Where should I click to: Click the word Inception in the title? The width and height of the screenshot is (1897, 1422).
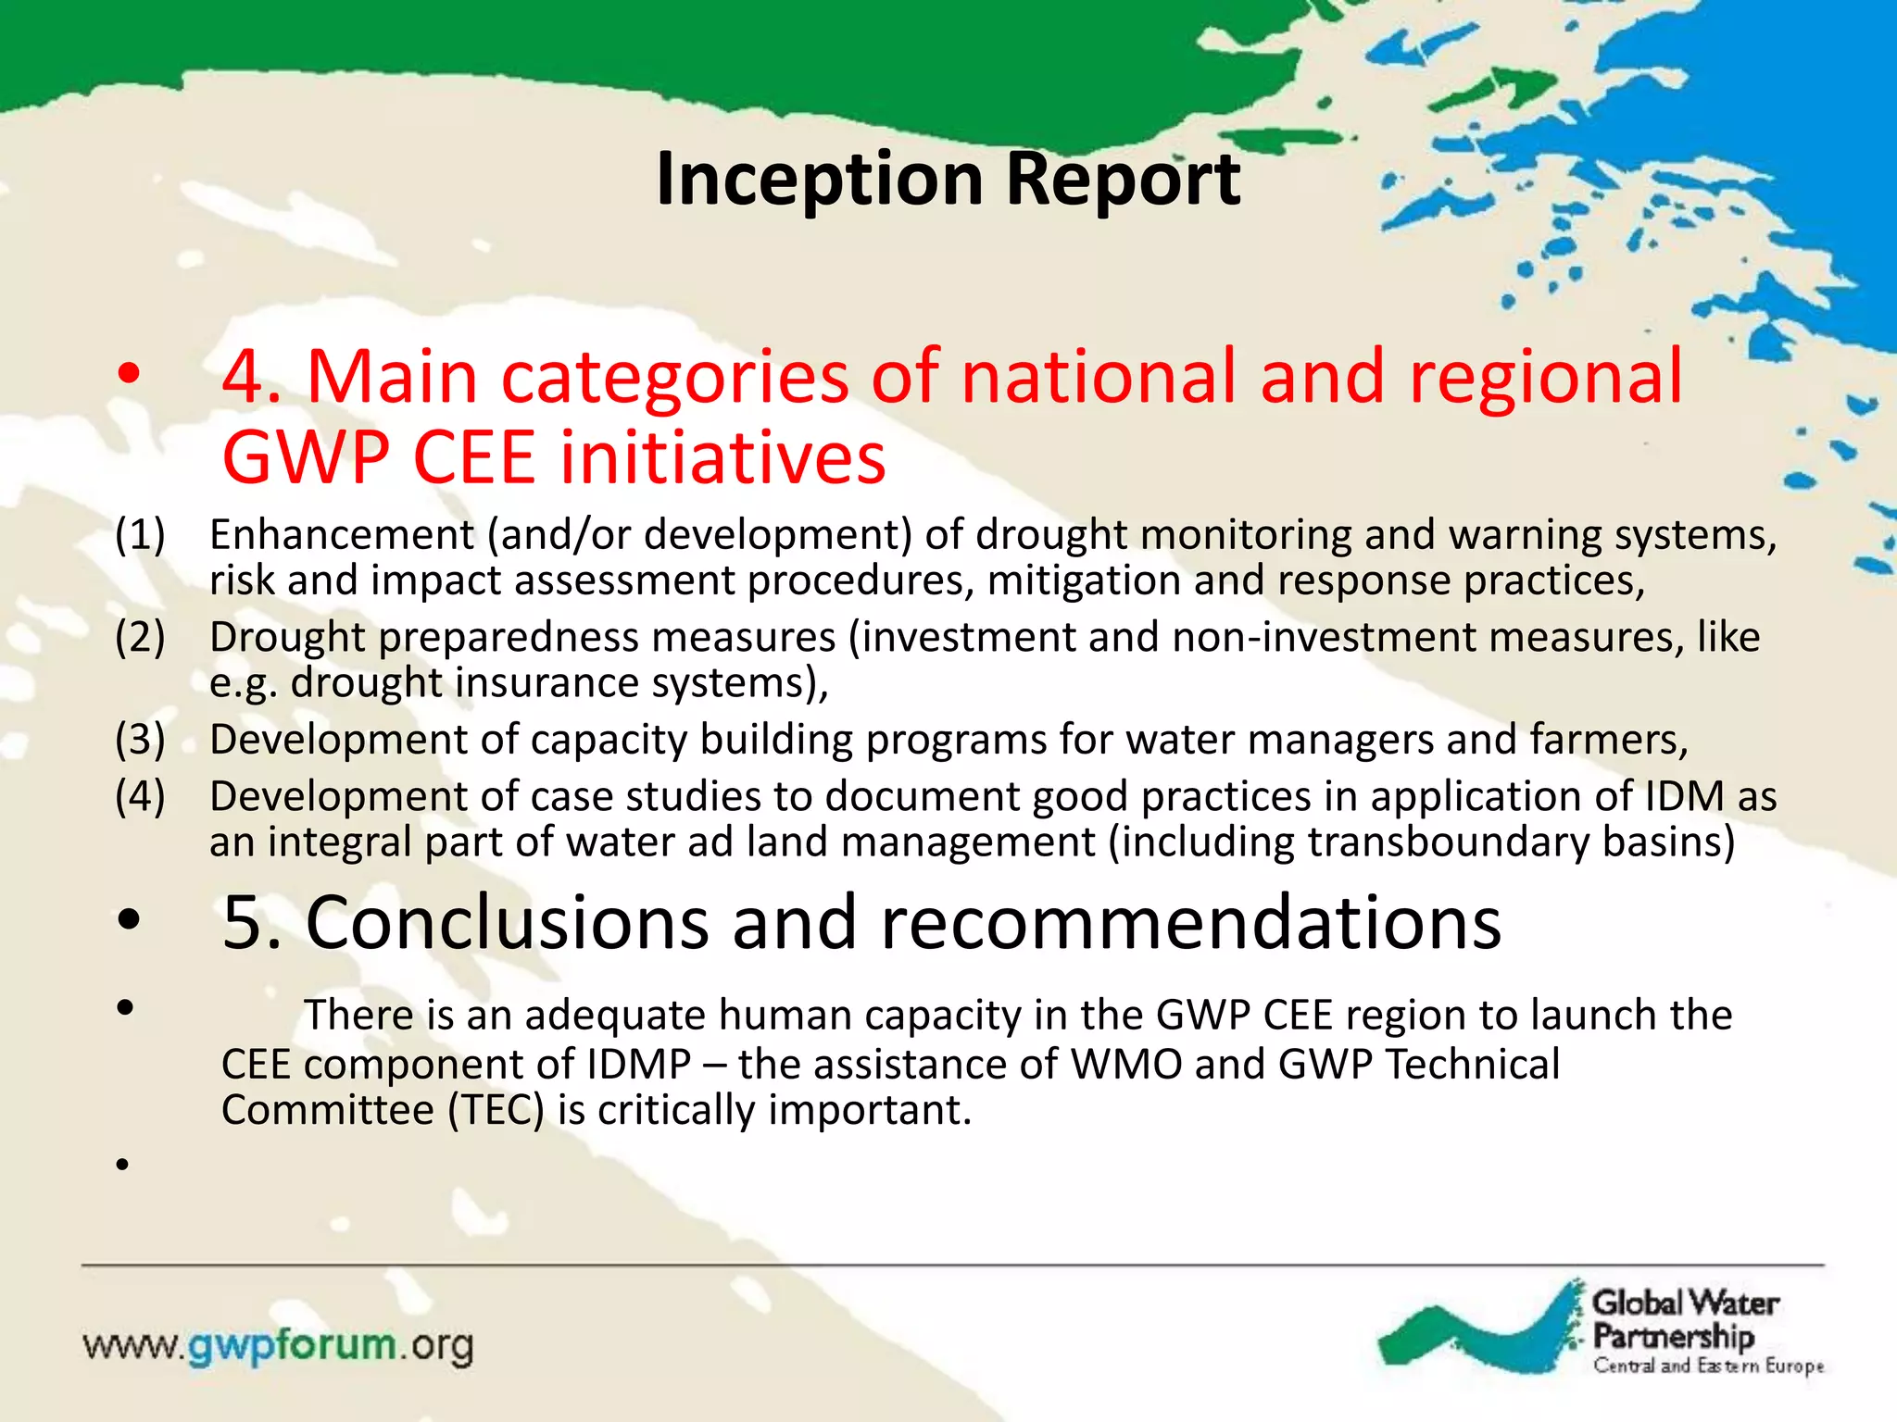(x=819, y=180)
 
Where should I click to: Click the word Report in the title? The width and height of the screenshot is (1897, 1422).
(x=1123, y=180)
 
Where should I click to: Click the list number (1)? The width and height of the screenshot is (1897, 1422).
(x=140, y=535)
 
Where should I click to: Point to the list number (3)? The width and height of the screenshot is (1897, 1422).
(x=140, y=740)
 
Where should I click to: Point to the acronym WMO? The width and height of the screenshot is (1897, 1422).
(x=1125, y=1065)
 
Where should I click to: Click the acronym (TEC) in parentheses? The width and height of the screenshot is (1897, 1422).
(x=496, y=1110)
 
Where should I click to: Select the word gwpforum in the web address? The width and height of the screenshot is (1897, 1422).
(x=293, y=1344)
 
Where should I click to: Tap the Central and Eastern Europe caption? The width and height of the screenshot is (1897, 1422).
(x=1707, y=1366)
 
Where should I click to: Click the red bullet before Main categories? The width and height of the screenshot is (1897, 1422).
(x=128, y=375)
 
